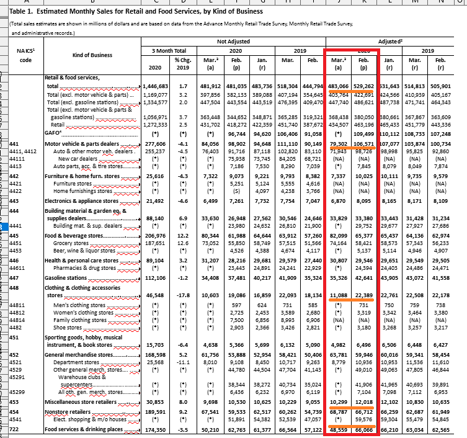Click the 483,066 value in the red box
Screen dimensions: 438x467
(339, 86)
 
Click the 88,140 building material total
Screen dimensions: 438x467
(155, 218)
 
